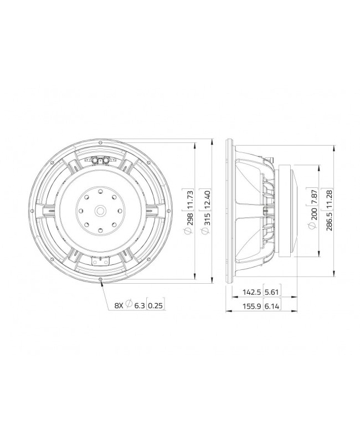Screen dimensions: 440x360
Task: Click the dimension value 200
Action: pos(315,213)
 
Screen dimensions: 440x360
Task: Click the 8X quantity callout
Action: pos(119,304)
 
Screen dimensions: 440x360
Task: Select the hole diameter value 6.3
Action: pos(139,304)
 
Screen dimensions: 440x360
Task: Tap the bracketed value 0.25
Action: pos(157,304)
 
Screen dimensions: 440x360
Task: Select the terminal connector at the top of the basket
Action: pos(101,160)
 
